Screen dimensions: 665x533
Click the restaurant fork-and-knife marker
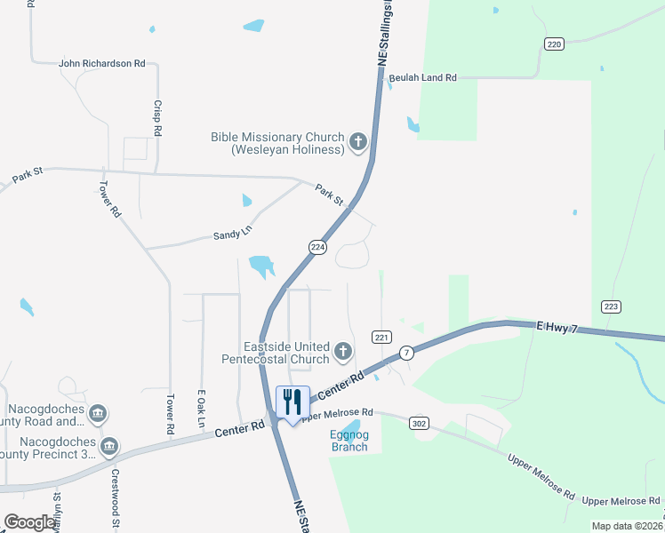point(292,402)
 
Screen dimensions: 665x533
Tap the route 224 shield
point(316,247)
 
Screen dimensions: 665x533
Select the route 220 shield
point(554,44)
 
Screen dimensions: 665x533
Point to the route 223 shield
point(611,306)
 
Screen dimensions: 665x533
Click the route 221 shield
point(382,338)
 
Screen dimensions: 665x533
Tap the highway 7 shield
point(406,353)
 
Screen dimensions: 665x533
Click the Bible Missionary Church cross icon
point(358,142)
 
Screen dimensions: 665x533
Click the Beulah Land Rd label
point(422,78)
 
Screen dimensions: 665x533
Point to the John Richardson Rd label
point(101,64)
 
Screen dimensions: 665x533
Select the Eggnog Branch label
point(349,441)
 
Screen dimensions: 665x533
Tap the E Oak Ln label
point(203,406)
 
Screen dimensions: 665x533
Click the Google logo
point(29,522)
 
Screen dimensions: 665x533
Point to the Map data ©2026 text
point(626,526)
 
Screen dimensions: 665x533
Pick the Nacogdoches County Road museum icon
point(98,413)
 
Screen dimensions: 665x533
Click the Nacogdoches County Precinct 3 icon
point(109,446)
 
